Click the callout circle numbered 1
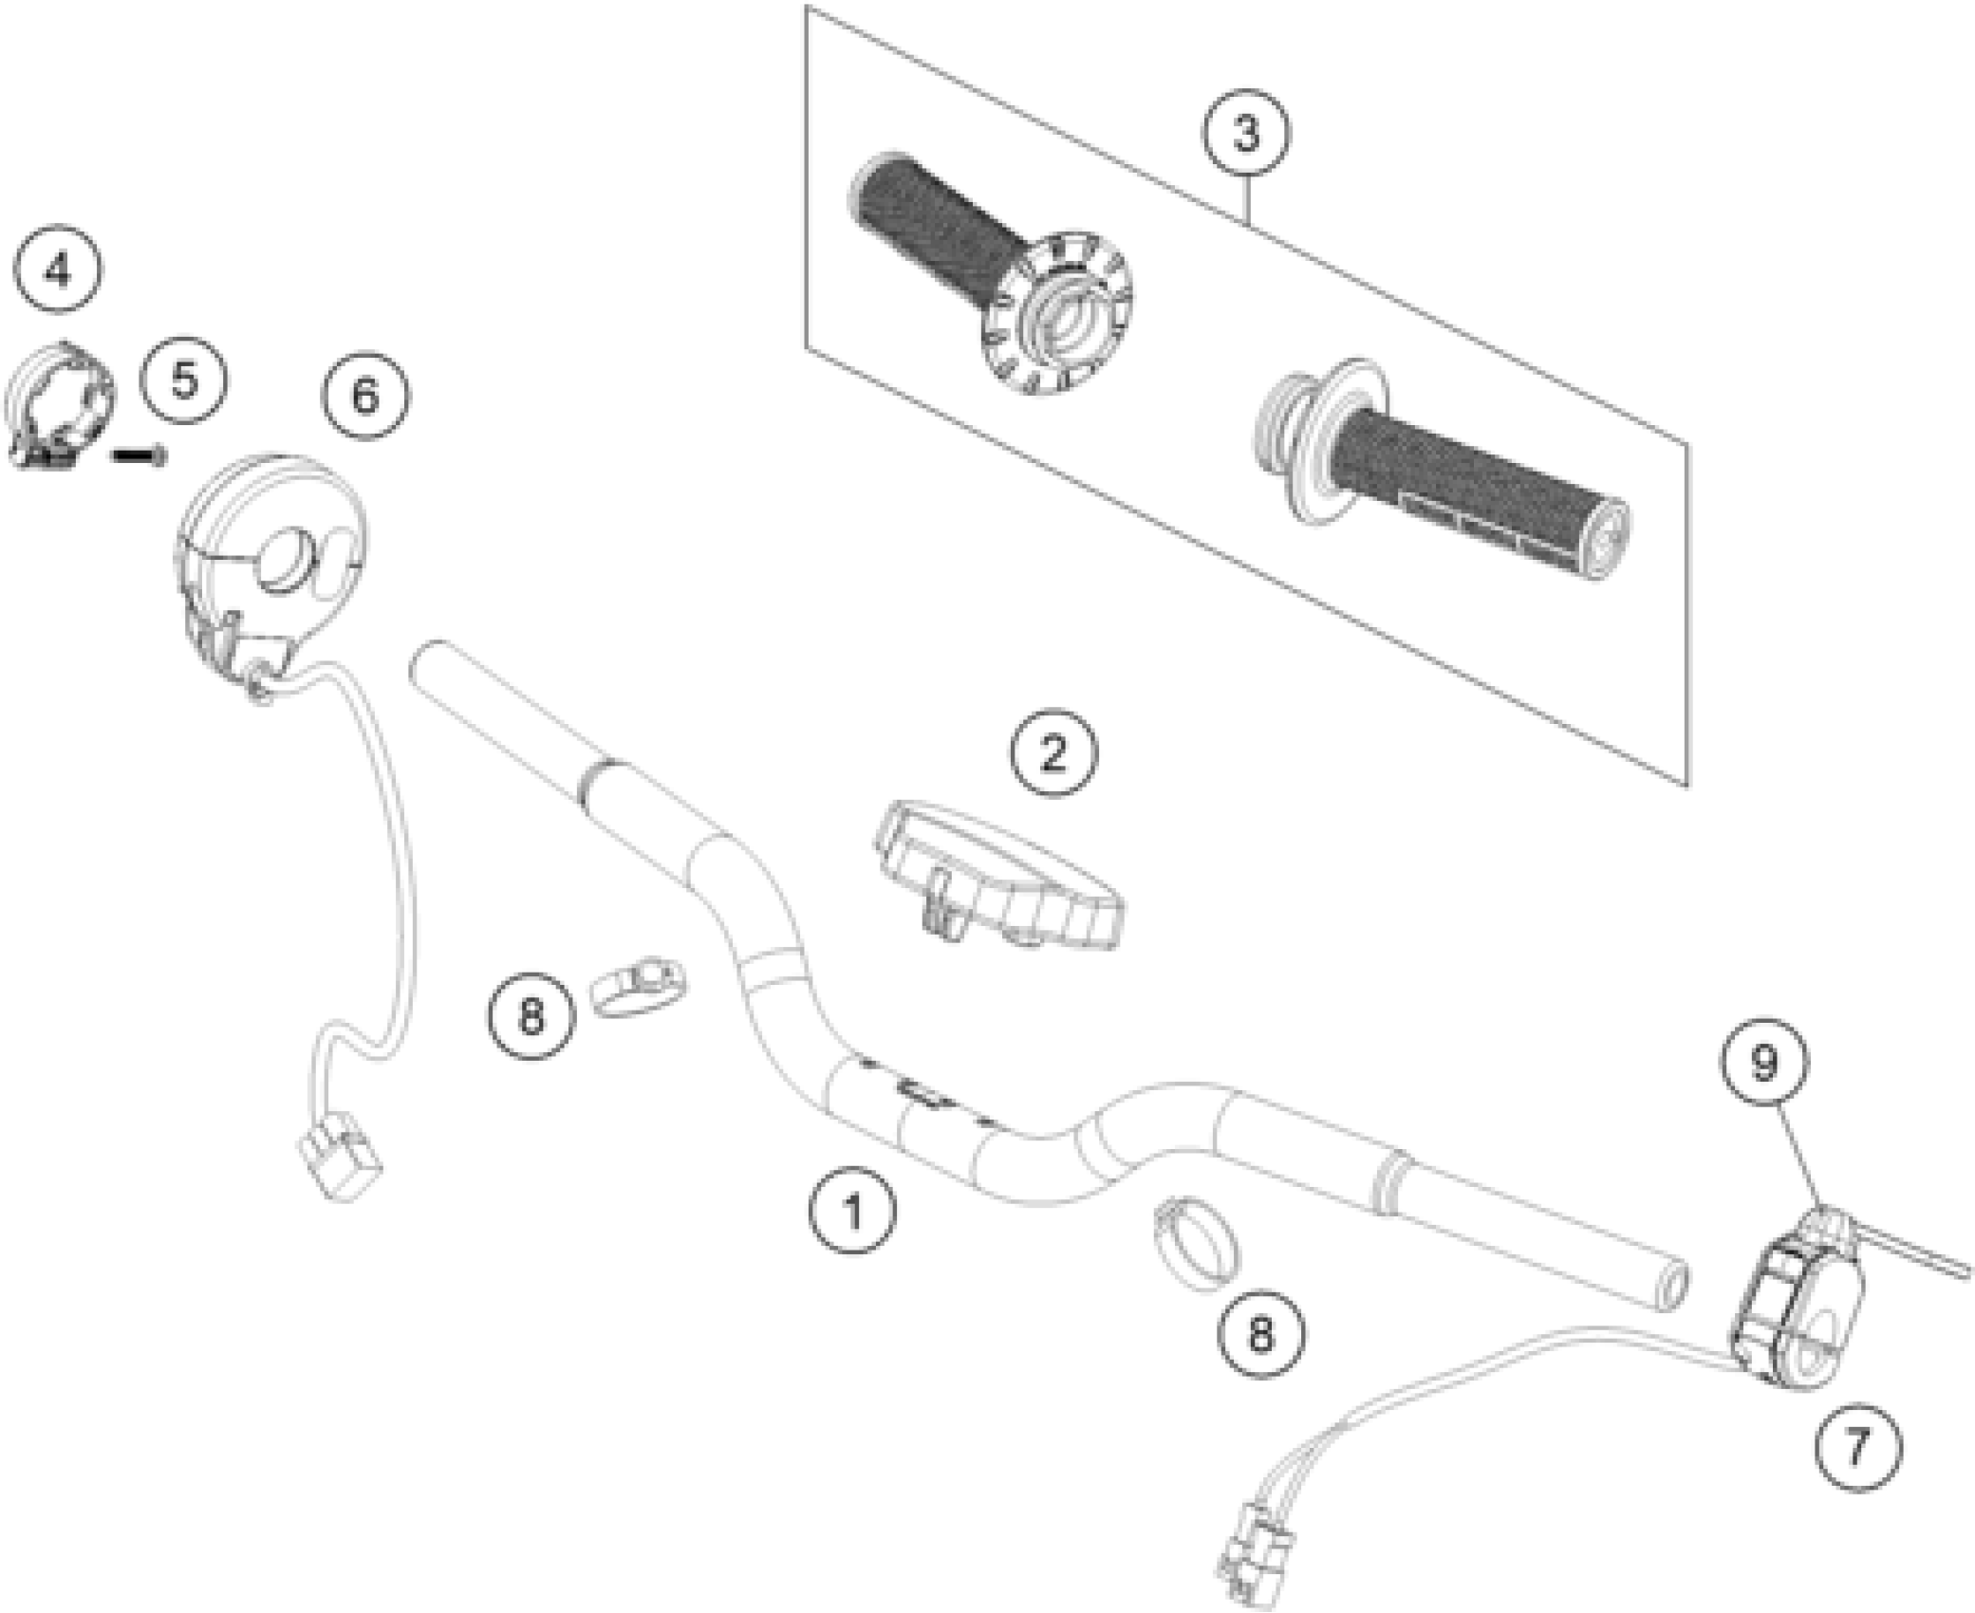[852, 1212]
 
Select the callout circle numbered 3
[1246, 134]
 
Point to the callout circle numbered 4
[58, 271]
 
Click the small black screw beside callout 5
[139, 456]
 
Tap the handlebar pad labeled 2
[997, 874]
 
